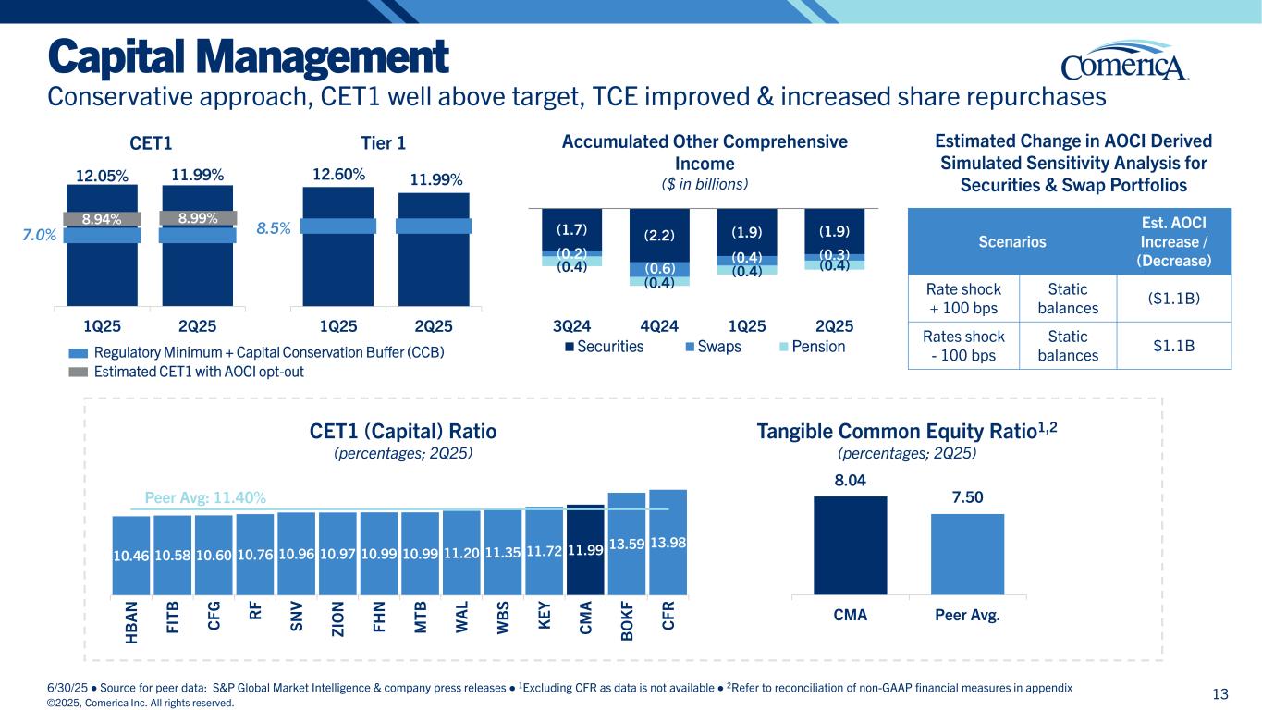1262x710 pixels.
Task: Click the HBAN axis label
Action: click(x=131, y=625)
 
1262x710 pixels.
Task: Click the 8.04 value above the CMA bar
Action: click(x=850, y=481)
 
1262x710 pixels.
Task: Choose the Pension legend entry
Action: click(x=814, y=347)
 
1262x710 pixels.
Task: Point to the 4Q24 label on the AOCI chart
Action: click(x=658, y=326)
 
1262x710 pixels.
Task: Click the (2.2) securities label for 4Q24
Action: click(x=658, y=236)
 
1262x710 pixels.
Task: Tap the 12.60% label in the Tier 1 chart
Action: click(x=339, y=174)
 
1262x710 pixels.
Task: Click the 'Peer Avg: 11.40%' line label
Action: click(x=205, y=497)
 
